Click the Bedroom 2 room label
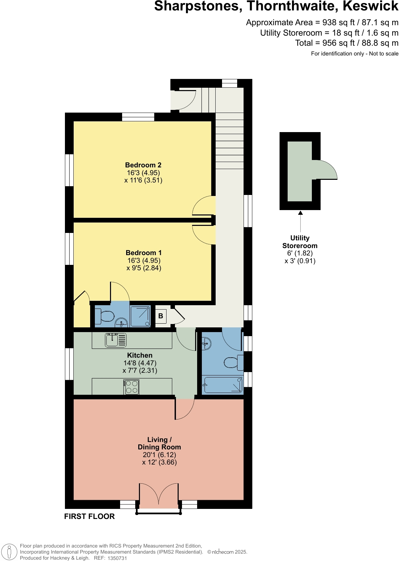[x=143, y=165]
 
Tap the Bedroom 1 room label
[x=144, y=253]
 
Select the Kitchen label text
[x=140, y=355]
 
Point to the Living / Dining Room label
[x=159, y=443]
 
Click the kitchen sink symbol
[x=116, y=340]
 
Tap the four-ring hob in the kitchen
[x=132, y=387]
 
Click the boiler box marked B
[x=161, y=316]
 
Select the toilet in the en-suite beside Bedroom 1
[x=105, y=317]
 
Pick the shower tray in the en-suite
[x=141, y=316]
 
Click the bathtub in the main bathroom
[x=223, y=385]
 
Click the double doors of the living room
[x=159, y=496]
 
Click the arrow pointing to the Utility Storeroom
[x=300, y=213]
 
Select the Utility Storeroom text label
[x=300, y=242]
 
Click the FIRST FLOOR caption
[x=89, y=517]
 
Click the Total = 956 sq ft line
[x=347, y=43]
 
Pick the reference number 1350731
[x=117, y=558]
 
